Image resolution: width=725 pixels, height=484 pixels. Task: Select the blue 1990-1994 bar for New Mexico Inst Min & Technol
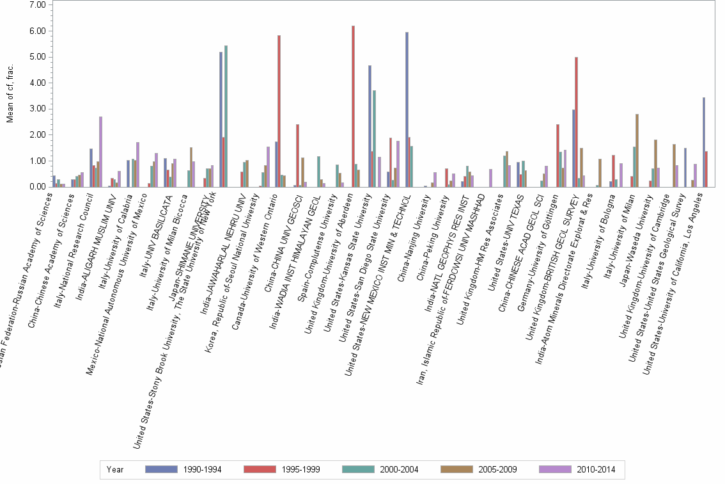[x=407, y=109]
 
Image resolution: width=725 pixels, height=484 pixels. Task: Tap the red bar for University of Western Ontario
[x=279, y=111]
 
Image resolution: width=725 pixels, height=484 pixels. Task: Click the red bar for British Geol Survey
[x=576, y=122]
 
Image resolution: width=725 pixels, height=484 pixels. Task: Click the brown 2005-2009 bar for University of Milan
[x=637, y=150]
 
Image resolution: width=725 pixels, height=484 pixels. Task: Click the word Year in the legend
[x=115, y=469]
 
